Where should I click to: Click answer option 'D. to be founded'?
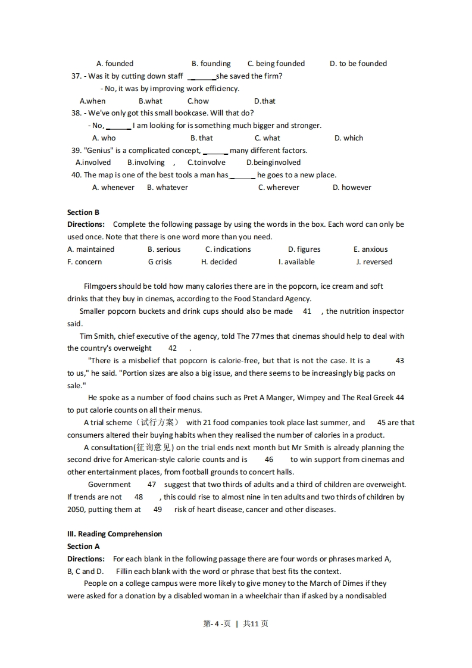[358, 64]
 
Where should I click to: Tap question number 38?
[76, 113]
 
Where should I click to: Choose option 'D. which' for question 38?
[348, 138]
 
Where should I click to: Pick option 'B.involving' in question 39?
[146, 163]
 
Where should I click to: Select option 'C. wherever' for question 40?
[279, 188]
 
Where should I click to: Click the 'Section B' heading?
[83, 213]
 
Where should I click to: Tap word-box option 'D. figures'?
[304, 249]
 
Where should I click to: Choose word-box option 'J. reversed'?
[374, 262]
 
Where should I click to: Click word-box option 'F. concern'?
[85, 262]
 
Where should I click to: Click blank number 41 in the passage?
[307, 311]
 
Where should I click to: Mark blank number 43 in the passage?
[399, 361]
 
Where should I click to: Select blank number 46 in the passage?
[269, 460]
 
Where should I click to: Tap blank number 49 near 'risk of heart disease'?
[158, 510]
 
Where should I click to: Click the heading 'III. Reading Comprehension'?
[114, 534]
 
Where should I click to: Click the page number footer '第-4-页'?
[217, 624]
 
